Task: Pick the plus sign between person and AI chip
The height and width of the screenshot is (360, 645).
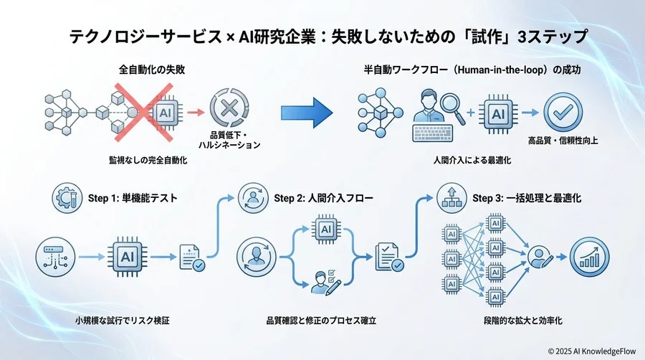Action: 470,112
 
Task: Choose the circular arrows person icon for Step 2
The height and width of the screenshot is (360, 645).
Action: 253,197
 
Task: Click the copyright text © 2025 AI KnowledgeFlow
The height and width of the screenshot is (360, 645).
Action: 592,351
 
